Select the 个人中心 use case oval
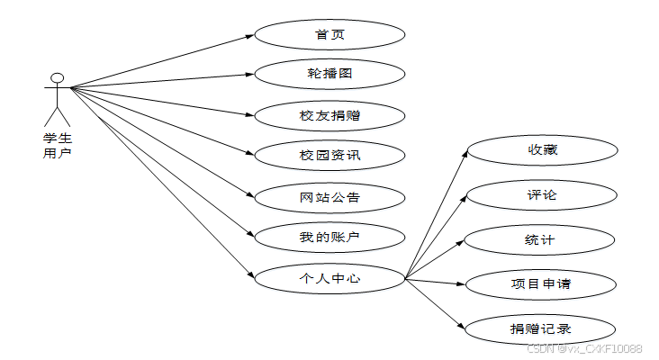click(x=329, y=278)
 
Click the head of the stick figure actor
click(x=58, y=78)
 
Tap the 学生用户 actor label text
click(x=58, y=145)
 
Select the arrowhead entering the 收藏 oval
click(x=465, y=152)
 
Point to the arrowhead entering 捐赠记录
click(x=463, y=327)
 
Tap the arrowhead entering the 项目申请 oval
click(x=462, y=284)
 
